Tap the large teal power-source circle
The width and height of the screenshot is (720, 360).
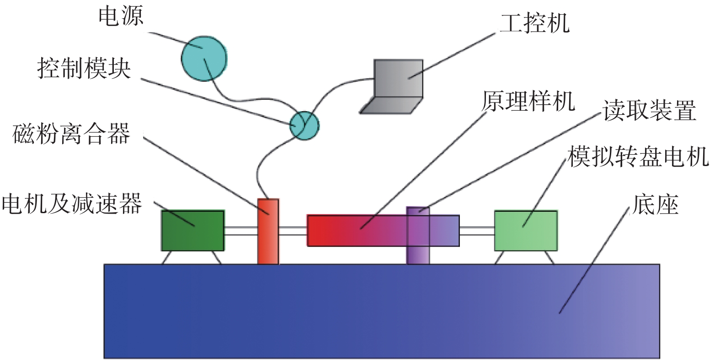point(204,58)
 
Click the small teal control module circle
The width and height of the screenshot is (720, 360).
point(304,125)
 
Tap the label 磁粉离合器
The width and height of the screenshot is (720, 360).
point(71,134)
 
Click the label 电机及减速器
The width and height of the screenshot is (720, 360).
point(72,204)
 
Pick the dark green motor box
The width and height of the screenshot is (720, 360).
point(192,231)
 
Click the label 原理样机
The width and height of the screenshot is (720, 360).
point(528,101)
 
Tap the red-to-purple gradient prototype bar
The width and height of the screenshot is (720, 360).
point(357,231)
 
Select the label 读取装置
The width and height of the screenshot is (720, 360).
point(649,111)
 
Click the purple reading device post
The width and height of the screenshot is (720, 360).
point(418,254)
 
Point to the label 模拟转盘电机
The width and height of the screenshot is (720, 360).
point(638,156)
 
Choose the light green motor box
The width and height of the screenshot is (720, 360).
point(526,231)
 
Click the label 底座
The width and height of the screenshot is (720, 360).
point(655,204)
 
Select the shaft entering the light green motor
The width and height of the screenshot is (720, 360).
point(477,231)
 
